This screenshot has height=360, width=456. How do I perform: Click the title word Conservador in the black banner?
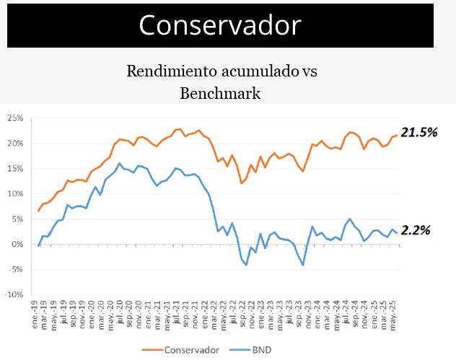(220, 25)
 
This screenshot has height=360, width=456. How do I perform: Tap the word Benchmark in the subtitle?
(220, 93)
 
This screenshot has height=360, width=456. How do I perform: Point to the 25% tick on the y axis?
(14, 118)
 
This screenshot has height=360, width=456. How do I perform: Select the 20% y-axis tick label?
(14, 143)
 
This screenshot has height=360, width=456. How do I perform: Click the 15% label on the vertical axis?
(14, 168)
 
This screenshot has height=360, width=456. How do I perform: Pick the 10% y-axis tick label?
(14, 193)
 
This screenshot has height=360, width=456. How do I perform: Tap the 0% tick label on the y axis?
(17, 244)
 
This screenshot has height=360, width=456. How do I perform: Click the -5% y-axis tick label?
(14, 269)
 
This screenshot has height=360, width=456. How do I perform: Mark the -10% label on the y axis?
(13, 294)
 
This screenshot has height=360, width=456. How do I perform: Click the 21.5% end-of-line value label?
(420, 133)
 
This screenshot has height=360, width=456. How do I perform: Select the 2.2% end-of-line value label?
(416, 231)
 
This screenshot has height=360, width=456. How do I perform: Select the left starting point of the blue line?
(38, 246)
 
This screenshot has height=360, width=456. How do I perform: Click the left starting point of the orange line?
(38, 211)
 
